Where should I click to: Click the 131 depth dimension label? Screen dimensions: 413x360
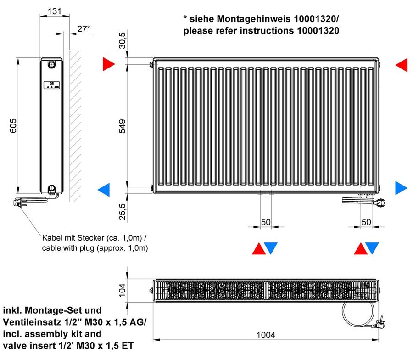tap(55, 11)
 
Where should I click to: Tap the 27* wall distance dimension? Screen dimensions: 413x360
tap(84, 28)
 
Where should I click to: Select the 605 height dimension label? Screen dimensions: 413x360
tap(13, 126)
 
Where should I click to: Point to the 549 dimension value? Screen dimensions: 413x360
tap(123, 126)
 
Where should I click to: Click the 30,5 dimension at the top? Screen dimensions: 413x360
tap(123, 40)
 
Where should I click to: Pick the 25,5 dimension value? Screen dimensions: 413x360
tap(123, 211)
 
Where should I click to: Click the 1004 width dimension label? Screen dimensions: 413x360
tap(266, 335)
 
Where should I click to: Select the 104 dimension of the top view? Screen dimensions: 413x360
tap(123, 290)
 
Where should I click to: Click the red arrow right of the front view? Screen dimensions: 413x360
tap(402, 65)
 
